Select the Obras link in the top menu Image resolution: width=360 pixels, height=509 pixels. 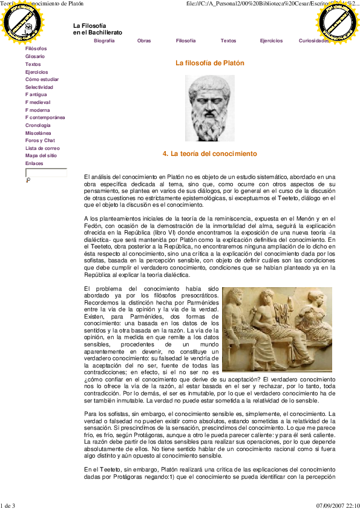pyautogui.click(x=144, y=41)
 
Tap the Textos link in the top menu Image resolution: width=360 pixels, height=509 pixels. pyautogui.click(x=228, y=41)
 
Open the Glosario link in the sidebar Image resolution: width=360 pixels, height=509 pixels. pyautogui.click(x=35, y=56)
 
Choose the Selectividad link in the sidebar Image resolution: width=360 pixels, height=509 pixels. pyautogui.click(x=39, y=87)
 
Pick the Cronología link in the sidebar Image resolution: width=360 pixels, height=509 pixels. pyautogui.click(x=38, y=125)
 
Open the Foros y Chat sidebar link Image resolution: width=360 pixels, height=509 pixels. pyautogui.click(x=40, y=140)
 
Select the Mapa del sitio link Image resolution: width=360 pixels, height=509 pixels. pyautogui.click(x=41, y=156)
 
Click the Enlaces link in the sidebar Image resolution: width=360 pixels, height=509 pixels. pyautogui.click(x=34, y=163)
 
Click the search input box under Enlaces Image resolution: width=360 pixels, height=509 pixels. pyautogui.click(x=46, y=172)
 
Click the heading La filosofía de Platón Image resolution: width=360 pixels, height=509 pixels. pyautogui.click(x=210, y=63)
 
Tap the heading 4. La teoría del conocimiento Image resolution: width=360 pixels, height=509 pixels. pyautogui.click(x=210, y=154)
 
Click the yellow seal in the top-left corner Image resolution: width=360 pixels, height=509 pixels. pyautogui.click(x=22, y=22)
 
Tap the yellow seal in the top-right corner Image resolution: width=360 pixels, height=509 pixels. pyautogui.click(x=337, y=22)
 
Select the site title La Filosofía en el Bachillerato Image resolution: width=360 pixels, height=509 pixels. pyautogui.click(x=97, y=28)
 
